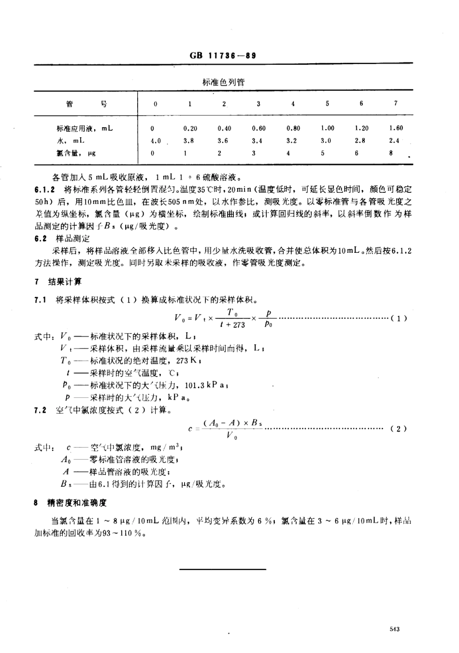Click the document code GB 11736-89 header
(x=223, y=55)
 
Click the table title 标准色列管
(x=223, y=82)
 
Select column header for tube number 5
(x=328, y=103)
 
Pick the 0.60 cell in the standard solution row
(x=259, y=129)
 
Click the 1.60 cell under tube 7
(x=396, y=129)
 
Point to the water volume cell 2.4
(x=394, y=141)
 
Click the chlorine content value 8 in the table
(x=391, y=153)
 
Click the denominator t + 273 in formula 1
(x=232, y=325)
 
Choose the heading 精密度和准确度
(x=76, y=503)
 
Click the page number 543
(x=394, y=629)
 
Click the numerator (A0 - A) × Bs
(x=232, y=423)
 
